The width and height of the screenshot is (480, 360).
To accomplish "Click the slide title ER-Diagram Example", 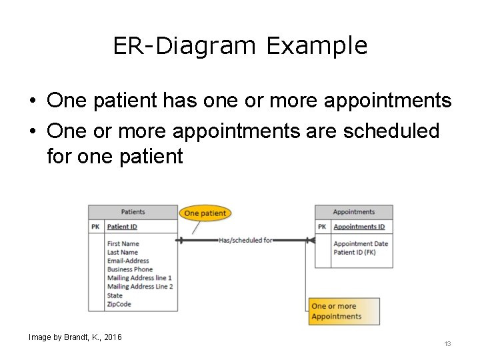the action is click(240, 46).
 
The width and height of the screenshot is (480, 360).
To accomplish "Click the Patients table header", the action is click(133, 212).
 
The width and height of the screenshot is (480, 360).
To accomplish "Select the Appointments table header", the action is click(353, 212).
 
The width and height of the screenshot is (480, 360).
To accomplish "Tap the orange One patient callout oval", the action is click(205, 213).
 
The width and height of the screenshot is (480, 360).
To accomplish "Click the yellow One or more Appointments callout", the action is click(344, 311).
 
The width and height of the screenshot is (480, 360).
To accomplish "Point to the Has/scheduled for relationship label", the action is click(245, 240).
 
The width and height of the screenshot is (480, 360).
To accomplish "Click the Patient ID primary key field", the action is click(122, 227).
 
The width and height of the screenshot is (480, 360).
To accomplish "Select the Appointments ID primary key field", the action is click(359, 227).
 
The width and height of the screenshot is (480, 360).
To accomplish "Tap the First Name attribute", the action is click(123, 244).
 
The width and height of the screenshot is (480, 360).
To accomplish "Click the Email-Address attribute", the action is click(128, 261).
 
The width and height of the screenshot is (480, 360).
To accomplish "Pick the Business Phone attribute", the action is click(130, 269).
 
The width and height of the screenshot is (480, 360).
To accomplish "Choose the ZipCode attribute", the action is click(119, 304).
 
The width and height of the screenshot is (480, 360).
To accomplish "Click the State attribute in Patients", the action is click(115, 295).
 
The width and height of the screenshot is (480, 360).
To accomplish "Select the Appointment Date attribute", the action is click(361, 244).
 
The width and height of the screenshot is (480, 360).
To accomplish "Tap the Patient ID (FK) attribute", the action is click(354, 253).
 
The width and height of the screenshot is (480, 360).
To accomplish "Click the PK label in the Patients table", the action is click(96, 227).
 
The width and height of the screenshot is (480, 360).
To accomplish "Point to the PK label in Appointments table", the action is click(322, 227).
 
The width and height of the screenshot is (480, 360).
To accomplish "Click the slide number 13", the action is click(447, 344).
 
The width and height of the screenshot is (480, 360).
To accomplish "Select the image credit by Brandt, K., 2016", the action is click(75, 337).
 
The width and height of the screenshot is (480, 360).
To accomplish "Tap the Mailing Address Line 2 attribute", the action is click(139, 287).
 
